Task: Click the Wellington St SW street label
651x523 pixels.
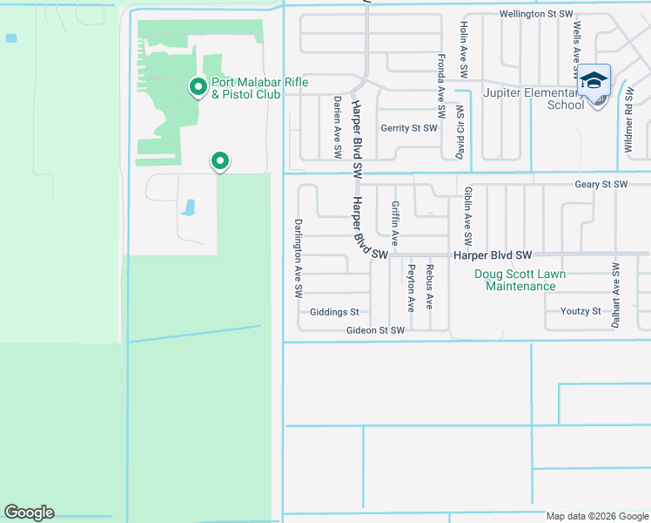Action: [536, 14]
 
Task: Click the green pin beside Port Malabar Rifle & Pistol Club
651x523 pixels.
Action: [198, 87]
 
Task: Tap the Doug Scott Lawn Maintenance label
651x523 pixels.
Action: [520, 280]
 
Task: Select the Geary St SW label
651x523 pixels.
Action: [601, 185]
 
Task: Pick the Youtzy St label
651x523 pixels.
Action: [581, 311]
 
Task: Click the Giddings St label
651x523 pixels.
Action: [334, 312]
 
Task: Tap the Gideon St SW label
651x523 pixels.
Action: [375, 330]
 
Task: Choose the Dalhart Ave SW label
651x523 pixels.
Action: [616, 295]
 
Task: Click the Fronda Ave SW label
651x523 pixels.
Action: [441, 86]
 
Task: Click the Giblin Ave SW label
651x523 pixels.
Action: [468, 214]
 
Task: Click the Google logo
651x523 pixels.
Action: [29, 513]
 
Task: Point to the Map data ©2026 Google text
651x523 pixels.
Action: [596, 516]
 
